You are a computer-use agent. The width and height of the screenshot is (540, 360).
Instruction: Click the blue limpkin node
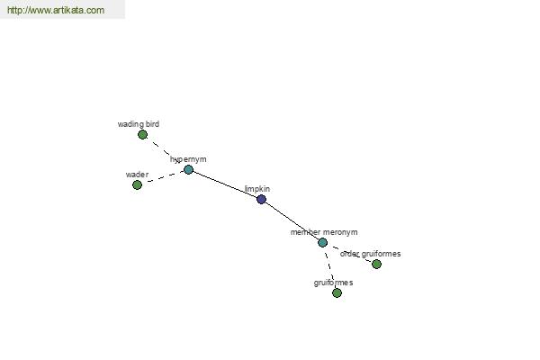(x=261, y=199)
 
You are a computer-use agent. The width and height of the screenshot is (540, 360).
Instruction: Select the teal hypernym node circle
(x=188, y=169)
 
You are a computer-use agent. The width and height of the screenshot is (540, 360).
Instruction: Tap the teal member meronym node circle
(x=322, y=242)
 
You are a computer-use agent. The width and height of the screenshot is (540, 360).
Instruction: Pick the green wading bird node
(x=142, y=135)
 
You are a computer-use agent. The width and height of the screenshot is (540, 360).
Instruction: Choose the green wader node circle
(x=137, y=185)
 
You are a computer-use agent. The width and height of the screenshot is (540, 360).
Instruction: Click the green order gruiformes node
(x=376, y=265)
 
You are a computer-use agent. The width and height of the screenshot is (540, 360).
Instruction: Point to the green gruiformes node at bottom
(x=337, y=293)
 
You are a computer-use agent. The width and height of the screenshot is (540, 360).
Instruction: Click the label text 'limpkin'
(x=257, y=189)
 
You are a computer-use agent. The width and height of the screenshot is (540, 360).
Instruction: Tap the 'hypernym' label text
(x=188, y=159)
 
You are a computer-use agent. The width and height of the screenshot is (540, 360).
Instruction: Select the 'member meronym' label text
(x=324, y=232)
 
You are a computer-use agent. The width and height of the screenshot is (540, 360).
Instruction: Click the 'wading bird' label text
(x=139, y=124)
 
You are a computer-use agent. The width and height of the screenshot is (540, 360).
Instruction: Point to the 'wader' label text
(x=137, y=175)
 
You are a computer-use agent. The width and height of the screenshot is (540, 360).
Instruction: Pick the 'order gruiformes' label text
(x=370, y=254)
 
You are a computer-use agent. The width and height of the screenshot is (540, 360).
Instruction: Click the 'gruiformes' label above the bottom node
(x=333, y=283)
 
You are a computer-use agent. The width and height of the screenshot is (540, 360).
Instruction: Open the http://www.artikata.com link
(x=56, y=10)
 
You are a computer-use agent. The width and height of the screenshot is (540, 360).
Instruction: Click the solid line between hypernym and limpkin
(x=225, y=184)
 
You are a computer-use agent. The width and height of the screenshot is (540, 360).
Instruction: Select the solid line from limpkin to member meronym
(x=292, y=220)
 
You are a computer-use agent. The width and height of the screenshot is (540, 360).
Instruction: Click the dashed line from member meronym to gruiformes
(x=329, y=267)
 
